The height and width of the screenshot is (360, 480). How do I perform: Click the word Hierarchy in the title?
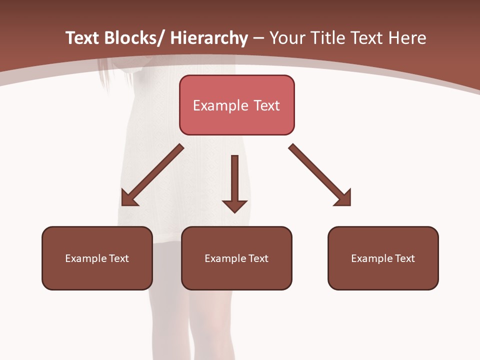pos(209,38)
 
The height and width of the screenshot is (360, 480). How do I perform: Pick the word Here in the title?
pos(406,38)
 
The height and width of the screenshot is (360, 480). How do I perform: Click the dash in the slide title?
pos(258,38)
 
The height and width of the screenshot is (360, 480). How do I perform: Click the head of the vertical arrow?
pos(234,205)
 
